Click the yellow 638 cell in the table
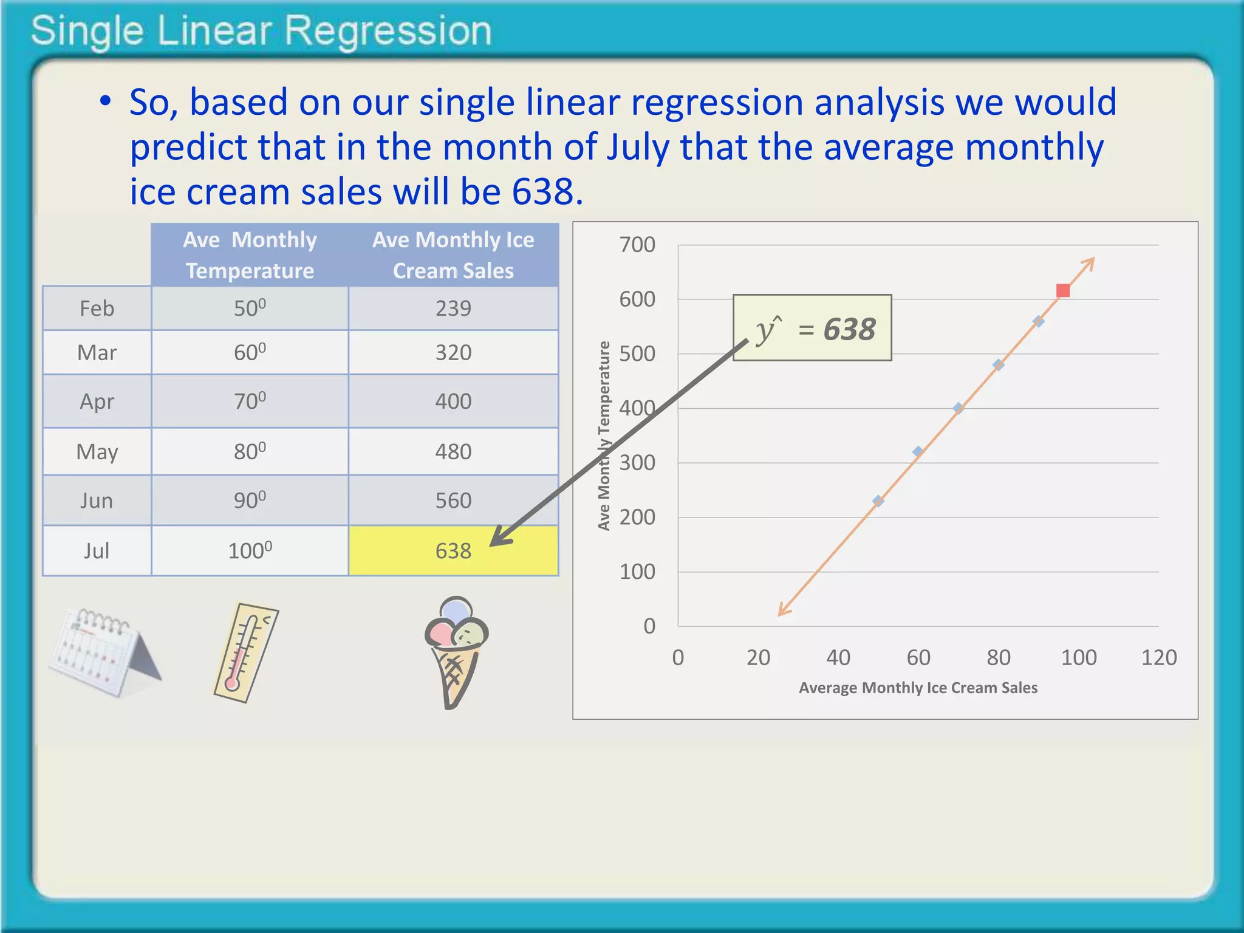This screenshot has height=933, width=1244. point(453,550)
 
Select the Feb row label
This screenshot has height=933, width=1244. point(97,309)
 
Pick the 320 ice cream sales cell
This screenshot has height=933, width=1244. point(453,352)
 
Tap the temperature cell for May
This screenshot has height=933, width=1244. point(250,451)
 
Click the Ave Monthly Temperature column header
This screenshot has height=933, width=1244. point(250,255)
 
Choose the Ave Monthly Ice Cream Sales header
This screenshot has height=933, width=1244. point(453,255)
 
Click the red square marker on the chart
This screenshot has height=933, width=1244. point(1062,291)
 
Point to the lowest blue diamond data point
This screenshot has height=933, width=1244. point(878,501)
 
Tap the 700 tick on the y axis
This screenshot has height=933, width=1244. point(637,245)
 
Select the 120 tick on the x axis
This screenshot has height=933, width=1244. point(1158,657)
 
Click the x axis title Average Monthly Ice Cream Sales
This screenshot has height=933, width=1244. point(918,688)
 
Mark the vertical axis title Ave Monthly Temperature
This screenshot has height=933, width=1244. point(604,436)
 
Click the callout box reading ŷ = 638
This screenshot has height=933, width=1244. point(812,328)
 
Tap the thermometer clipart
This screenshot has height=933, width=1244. point(245,653)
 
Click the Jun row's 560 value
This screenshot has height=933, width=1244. point(453,501)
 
